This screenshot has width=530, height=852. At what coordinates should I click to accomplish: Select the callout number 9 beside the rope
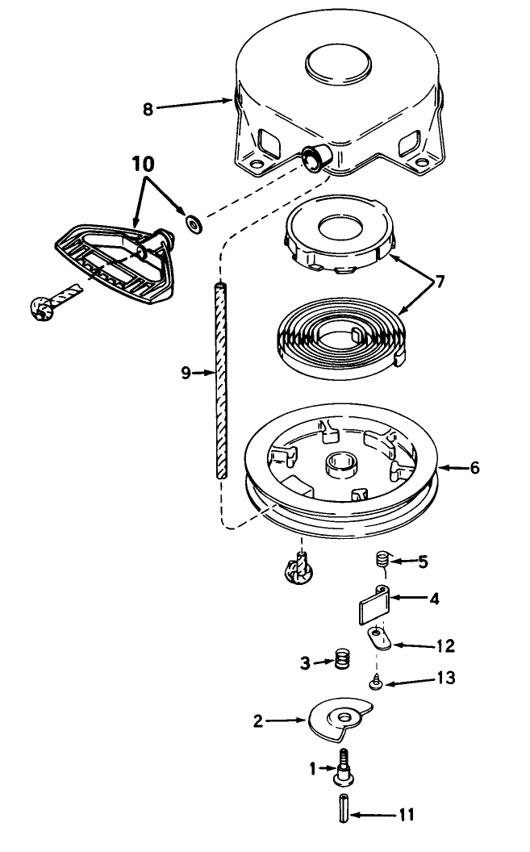(186, 373)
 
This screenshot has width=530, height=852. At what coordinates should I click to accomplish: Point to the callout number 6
(475, 467)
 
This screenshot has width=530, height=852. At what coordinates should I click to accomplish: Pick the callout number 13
(446, 679)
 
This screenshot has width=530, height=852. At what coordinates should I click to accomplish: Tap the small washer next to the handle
(194, 222)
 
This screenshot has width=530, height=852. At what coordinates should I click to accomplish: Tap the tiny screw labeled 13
(376, 683)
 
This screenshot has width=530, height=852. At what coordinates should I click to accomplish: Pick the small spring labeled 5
(383, 559)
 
